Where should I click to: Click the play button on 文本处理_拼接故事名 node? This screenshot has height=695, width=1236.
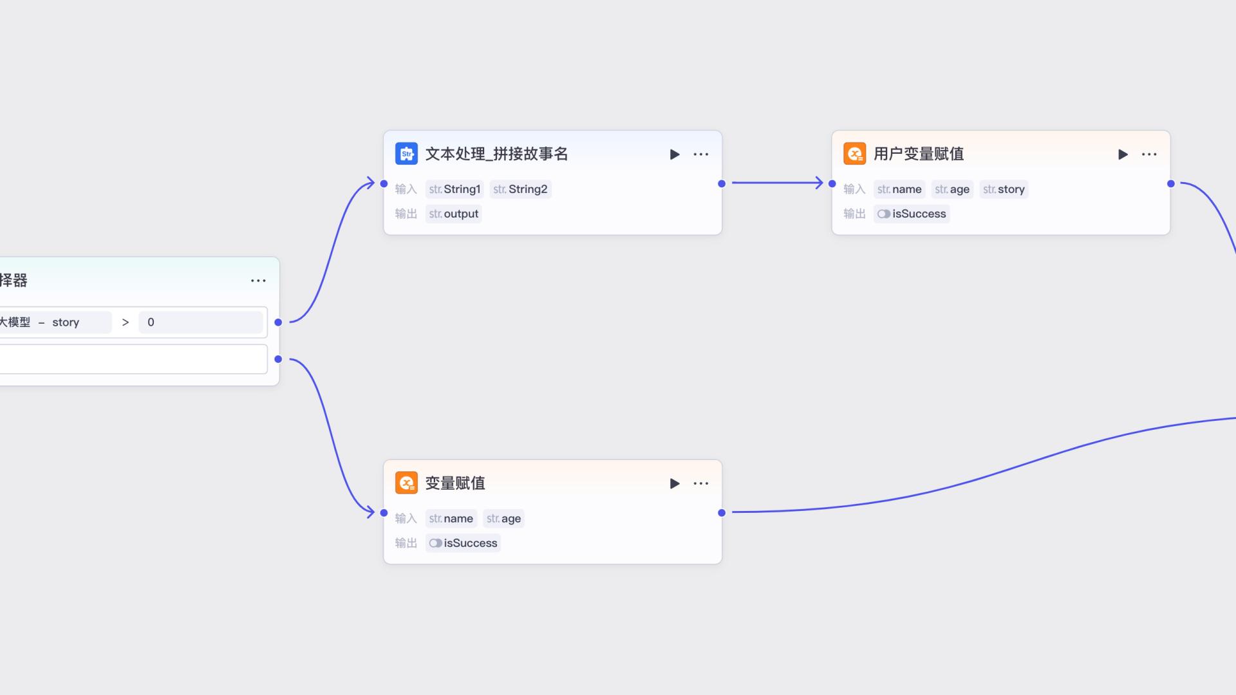pos(674,154)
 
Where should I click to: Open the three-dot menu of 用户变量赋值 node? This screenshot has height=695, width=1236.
pos(1149,154)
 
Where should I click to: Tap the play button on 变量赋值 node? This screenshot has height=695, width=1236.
pos(674,483)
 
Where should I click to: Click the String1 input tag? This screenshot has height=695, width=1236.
pos(454,189)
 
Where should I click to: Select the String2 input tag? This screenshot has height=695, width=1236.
pos(520,189)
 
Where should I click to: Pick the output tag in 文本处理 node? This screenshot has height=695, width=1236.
pos(454,214)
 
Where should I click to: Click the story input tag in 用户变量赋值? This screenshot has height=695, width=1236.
pos(1004,189)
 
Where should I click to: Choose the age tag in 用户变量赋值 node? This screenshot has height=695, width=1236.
pos(952,189)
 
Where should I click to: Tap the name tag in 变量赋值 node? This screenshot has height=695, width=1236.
pos(451,519)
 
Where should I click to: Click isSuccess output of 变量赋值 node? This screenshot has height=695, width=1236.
pos(464,543)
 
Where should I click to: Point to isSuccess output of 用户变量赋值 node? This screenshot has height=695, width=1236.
pos(912,214)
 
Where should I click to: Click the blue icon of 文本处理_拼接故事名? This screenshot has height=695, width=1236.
pos(406,154)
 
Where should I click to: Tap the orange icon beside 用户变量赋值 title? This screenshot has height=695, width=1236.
pos(854,154)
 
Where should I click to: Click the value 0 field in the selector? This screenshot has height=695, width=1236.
pos(200,322)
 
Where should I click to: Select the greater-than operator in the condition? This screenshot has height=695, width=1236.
pos(126,322)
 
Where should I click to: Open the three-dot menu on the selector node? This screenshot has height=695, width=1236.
pos(258,281)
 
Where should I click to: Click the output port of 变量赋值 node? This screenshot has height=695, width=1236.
pos(722,513)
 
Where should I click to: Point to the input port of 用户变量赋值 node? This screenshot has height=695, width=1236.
pos(832,183)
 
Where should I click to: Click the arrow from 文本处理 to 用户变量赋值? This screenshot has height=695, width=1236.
pos(777,183)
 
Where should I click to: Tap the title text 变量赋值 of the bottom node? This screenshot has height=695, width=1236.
pos(455,483)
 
